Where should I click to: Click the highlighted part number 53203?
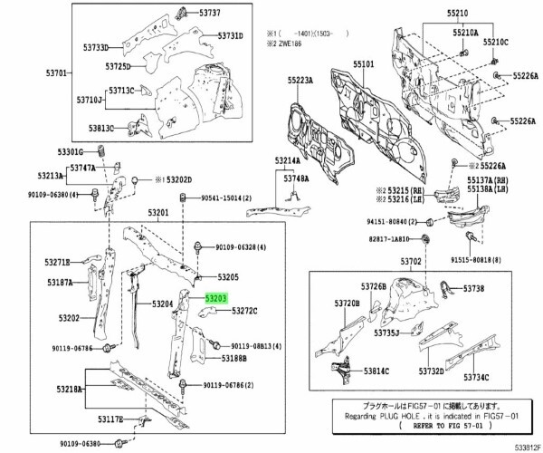tap(215, 296)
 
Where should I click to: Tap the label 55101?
tap(364, 66)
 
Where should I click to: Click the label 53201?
tap(159, 211)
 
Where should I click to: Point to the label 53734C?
tap(499, 377)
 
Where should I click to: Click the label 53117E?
tap(115, 420)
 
